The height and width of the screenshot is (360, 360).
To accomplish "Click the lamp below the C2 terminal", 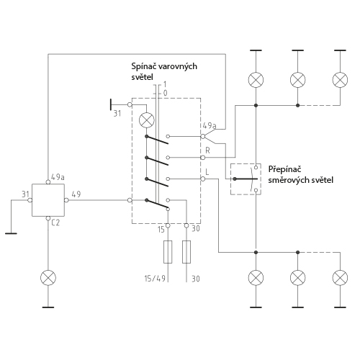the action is (x=48, y=278).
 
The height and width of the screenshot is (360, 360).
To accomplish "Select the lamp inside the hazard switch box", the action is (x=147, y=120).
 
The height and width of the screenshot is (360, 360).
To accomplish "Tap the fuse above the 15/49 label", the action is (x=168, y=252).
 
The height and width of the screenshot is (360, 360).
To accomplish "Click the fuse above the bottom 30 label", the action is (x=186, y=252).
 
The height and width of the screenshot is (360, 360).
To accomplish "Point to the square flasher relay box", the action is (x=48, y=200).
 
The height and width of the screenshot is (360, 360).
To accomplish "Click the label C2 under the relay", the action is (x=55, y=223).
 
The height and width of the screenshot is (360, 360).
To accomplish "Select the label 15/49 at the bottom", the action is (x=155, y=279).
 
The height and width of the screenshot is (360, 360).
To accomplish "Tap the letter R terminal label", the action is (x=207, y=150).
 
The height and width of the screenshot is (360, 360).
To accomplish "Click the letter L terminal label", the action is (x=207, y=172).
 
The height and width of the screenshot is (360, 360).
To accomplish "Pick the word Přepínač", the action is (x=284, y=169).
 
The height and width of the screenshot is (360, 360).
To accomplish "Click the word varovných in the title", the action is (x=179, y=66).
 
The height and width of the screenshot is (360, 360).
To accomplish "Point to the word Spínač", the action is (x=145, y=66).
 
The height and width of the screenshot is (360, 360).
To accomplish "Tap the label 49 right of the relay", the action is (x=76, y=194).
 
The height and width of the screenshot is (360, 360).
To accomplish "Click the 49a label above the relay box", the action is (x=58, y=177).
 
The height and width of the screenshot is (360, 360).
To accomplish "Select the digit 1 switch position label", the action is (x=165, y=84).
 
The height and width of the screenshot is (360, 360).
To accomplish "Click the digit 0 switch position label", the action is (x=165, y=93).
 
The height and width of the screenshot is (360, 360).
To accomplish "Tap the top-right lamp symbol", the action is (x=340, y=80).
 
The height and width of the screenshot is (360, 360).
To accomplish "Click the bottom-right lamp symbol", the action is (x=340, y=278).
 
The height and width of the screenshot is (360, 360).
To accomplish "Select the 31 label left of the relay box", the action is (x=25, y=194).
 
